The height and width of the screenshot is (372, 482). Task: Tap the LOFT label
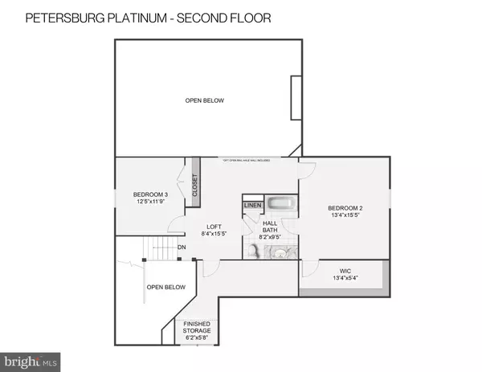pos(213,226)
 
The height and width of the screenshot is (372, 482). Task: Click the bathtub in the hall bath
pos(281,206)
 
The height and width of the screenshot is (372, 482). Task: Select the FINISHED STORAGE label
pos(196,328)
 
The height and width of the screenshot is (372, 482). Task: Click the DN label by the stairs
pos(182,247)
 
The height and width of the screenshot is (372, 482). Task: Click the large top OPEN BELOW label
pos(205,100)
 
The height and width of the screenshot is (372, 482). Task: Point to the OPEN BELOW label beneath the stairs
pos(165,287)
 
